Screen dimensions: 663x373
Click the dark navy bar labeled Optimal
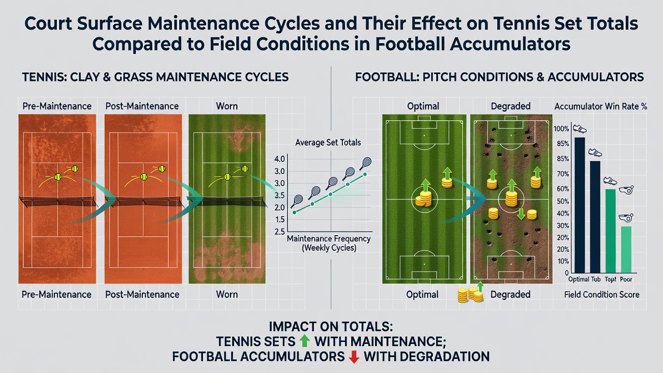(x=580, y=205)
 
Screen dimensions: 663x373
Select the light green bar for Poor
(x=626, y=250)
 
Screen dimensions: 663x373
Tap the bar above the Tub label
(x=595, y=217)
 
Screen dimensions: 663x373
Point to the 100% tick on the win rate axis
(x=561, y=129)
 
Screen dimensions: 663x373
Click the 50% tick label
(x=563, y=202)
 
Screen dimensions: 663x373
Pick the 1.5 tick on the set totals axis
(x=280, y=220)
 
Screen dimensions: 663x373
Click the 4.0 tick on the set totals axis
(x=280, y=159)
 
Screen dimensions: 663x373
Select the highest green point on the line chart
(x=365, y=175)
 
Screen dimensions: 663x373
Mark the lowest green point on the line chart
(x=294, y=212)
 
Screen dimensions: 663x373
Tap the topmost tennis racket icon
(x=366, y=163)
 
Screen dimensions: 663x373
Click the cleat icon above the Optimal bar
(x=580, y=129)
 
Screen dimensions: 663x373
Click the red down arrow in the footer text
(x=354, y=357)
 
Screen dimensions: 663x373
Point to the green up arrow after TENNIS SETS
(x=305, y=341)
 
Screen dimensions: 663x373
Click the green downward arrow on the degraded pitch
(x=521, y=214)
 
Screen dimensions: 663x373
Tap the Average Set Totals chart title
(x=328, y=142)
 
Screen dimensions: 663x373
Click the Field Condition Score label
(x=602, y=295)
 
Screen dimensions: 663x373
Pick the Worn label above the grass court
(x=227, y=106)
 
